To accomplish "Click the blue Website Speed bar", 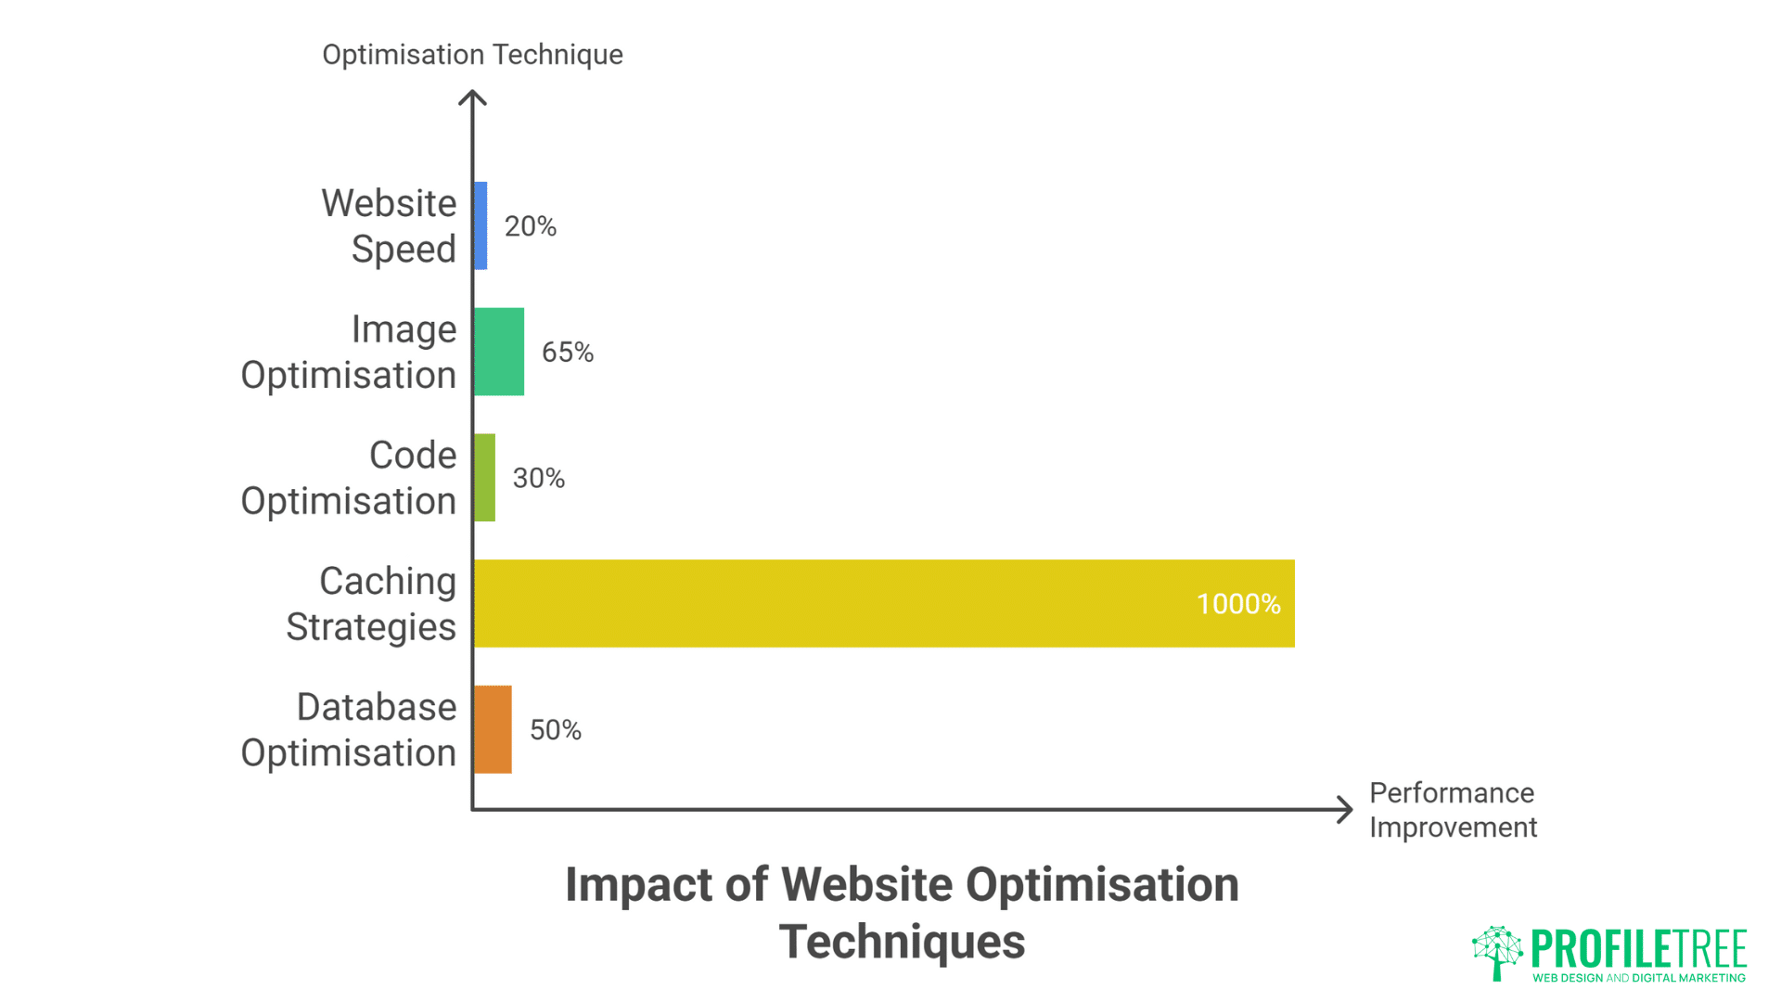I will click(480, 225).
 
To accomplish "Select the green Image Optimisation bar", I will click(499, 352).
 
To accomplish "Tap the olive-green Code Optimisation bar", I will click(485, 478).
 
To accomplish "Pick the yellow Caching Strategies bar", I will click(835, 603).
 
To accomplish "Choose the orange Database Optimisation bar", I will click(493, 729).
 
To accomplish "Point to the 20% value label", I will click(531, 226).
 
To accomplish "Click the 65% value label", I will click(568, 353).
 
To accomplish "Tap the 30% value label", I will click(539, 479).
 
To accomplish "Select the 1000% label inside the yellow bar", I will click(1238, 604).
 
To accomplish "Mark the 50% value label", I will click(556, 730).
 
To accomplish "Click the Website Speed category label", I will click(390, 226).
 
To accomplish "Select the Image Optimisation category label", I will click(350, 353).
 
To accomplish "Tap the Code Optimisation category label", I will click(350, 479).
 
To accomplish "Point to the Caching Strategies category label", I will click(372, 604).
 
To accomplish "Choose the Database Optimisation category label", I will click(350, 730).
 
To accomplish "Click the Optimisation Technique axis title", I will click(472, 55).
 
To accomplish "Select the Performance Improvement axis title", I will click(1453, 810).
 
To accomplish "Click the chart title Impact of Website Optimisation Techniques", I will click(902, 913).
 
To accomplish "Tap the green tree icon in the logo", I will click(1497, 952).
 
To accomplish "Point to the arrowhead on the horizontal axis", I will click(1345, 809).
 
